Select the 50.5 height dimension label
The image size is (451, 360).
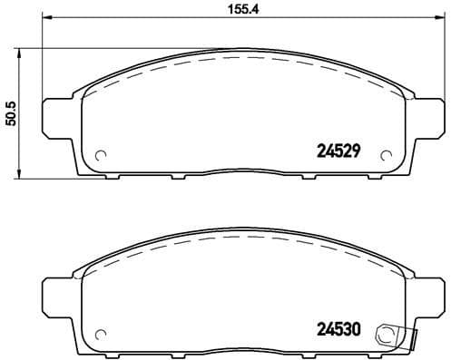(12, 112)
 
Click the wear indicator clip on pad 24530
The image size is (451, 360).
(395, 335)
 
